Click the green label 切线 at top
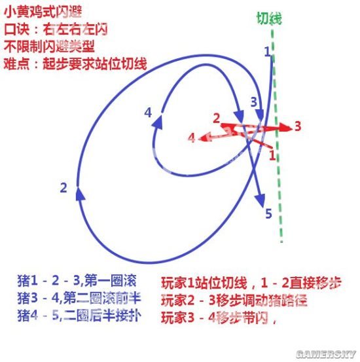[269, 18]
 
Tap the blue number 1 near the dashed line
[267, 51]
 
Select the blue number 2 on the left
[63, 188]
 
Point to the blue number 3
[253, 102]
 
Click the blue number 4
[148, 113]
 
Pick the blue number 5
[268, 213]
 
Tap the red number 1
[272, 155]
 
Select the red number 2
[216, 118]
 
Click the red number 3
[298, 126]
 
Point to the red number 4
[191, 138]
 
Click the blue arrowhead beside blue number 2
[80, 194]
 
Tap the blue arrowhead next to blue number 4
[158, 122]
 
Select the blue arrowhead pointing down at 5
[261, 200]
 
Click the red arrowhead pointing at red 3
[285, 127]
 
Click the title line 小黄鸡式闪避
[43, 12]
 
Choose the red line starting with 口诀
[56, 29]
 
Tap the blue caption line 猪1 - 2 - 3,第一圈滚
[77, 281]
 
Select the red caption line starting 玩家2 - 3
[234, 300]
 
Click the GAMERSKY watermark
[326, 354]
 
